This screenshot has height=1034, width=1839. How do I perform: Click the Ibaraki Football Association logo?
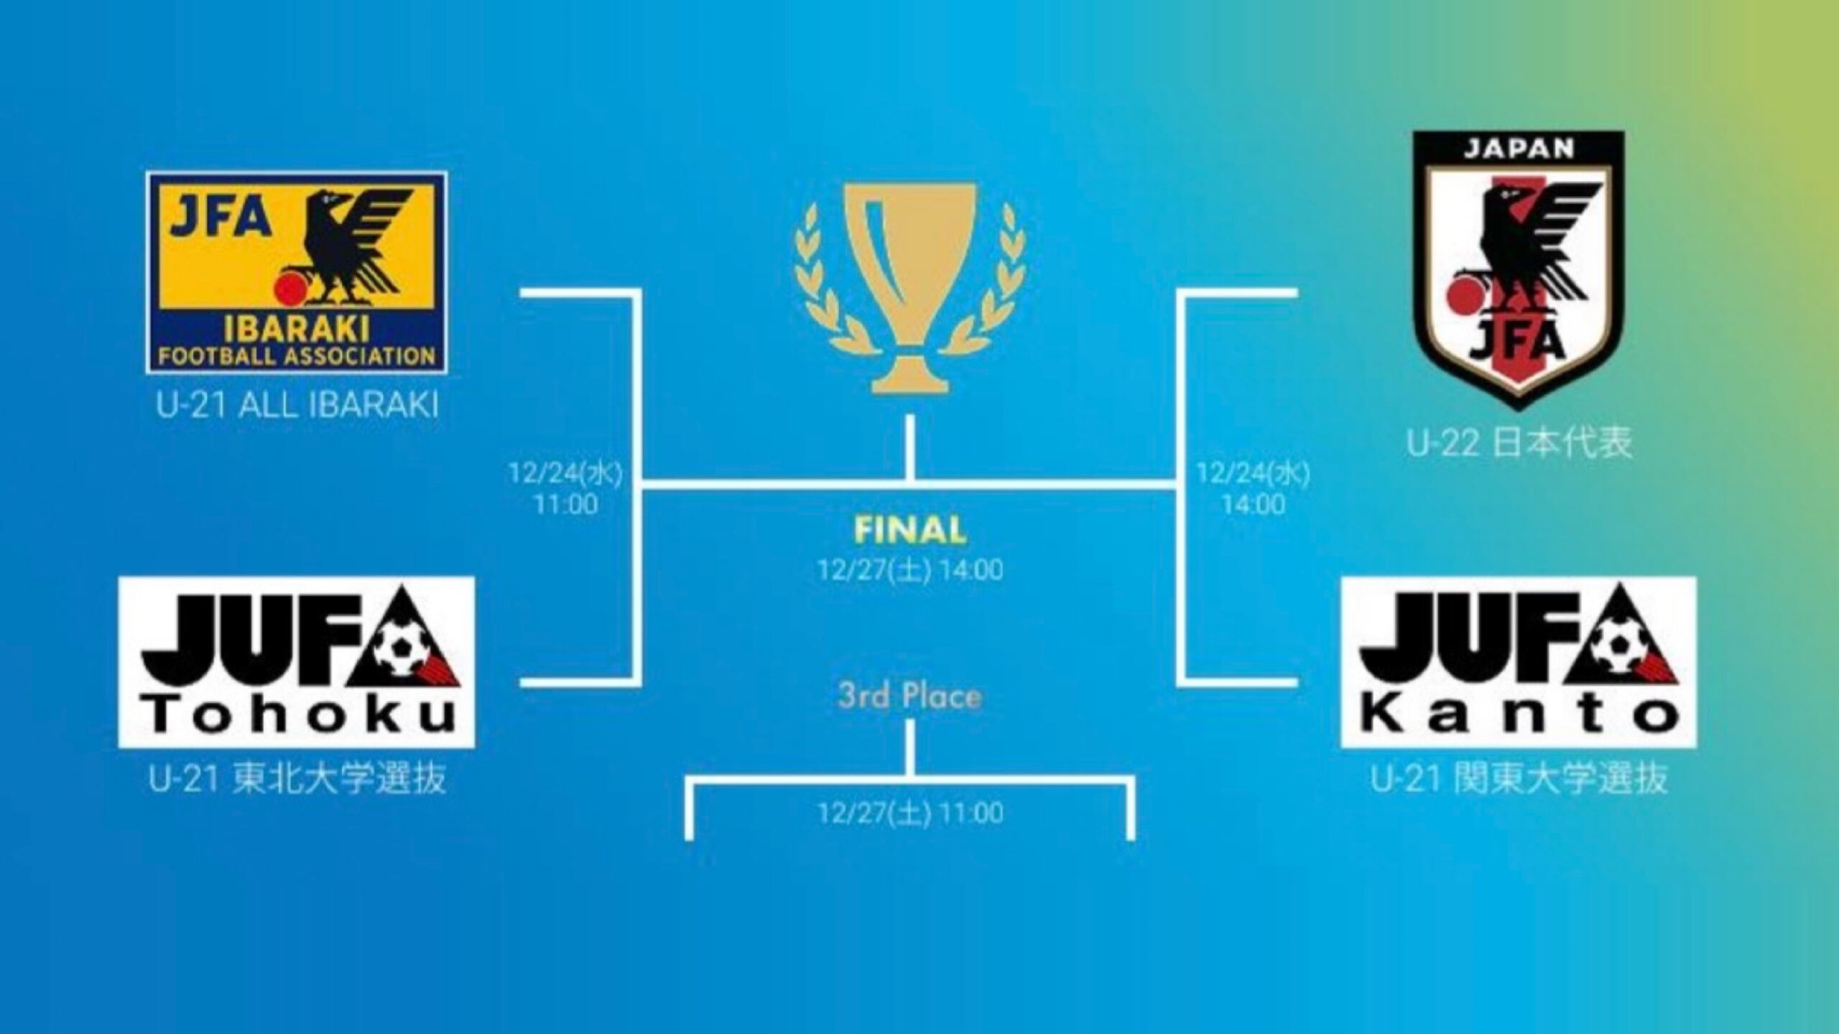(296, 272)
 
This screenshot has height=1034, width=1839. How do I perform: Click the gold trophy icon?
(910, 287)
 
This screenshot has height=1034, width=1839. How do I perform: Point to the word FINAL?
(910, 531)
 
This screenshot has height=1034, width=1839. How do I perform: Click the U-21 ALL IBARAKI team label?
(297, 406)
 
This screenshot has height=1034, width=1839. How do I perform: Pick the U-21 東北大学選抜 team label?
(297, 778)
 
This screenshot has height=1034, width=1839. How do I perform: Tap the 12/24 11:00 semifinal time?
(566, 489)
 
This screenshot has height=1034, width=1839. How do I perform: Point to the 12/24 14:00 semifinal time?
(1253, 489)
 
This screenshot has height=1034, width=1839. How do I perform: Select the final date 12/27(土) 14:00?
(910, 569)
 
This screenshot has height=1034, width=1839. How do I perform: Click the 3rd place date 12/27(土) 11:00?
(910, 813)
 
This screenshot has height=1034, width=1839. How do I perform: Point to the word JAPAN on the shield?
(1518, 149)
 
